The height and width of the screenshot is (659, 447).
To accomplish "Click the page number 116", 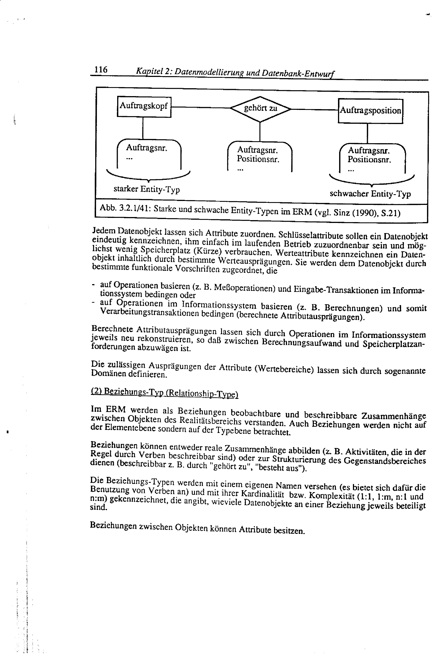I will tap(101, 69).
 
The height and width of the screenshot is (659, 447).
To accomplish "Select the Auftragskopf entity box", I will tap(144, 106).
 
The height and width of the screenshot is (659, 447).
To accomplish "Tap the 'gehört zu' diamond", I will tap(260, 109).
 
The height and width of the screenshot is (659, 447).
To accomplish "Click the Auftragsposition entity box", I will tap(370, 110).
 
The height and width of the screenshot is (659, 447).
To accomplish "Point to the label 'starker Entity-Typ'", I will tap(146, 189).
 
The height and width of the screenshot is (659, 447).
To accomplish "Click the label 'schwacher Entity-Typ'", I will tap(370, 194).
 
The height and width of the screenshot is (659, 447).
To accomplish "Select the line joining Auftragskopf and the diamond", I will tap(201, 107).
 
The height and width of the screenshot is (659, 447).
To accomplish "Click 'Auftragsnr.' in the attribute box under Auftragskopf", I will tap(146, 148).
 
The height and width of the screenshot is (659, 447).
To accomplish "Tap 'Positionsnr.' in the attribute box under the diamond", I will tap(258, 159).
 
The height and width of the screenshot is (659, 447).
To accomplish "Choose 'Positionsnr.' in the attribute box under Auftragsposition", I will tap(369, 160).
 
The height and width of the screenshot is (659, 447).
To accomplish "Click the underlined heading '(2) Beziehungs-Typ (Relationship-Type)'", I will tap(164, 393).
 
